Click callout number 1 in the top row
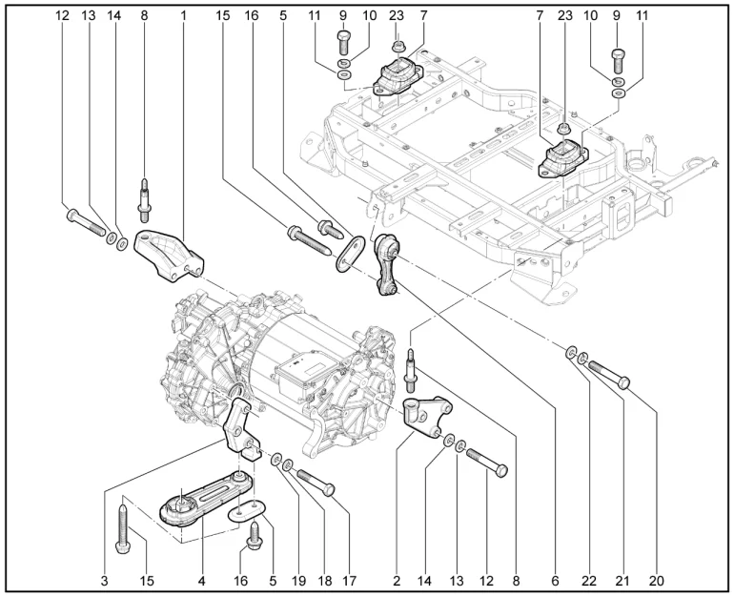pyautogui.click(x=183, y=15)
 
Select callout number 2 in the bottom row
pyautogui.click(x=396, y=579)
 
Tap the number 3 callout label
pyautogui.click(x=105, y=579)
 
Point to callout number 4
pyautogui.click(x=202, y=579)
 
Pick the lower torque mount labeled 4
pyautogui.click(x=191, y=504)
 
